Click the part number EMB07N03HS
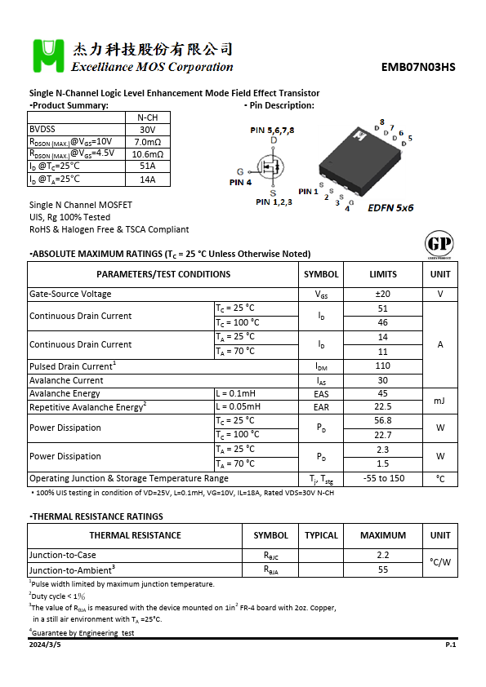pyautogui.click(x=418, y=68)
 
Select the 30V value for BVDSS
pyautogui.click(x=147, y=130)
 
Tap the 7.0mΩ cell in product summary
pyautogui.click(x=147, y=142)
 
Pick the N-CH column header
pyautogui.click(x=147, y=117)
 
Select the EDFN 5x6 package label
pyautogui.click(x=390, y=208)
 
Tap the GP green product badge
pyautogui.click(x=439, y=244)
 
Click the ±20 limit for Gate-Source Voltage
pyautogui.click(x=383, y=295)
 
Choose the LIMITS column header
pyautogui.click(x=383, y=274)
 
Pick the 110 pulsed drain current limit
pyautogui.click(x=383, y=366)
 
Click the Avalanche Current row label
pyautogui.click(x=66, y=380)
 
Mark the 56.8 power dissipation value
pyautogui.click(x=383, y=420)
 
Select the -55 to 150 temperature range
pyautogui.click(x=383, y=479)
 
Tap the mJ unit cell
pyautogui.click(x=440, y=401)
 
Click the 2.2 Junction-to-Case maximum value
pyautogui.click(x=383, y=556)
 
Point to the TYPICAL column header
pyautogui.click(x=321, y=535)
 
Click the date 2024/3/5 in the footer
pyautogui.click(x=45, y=645)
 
